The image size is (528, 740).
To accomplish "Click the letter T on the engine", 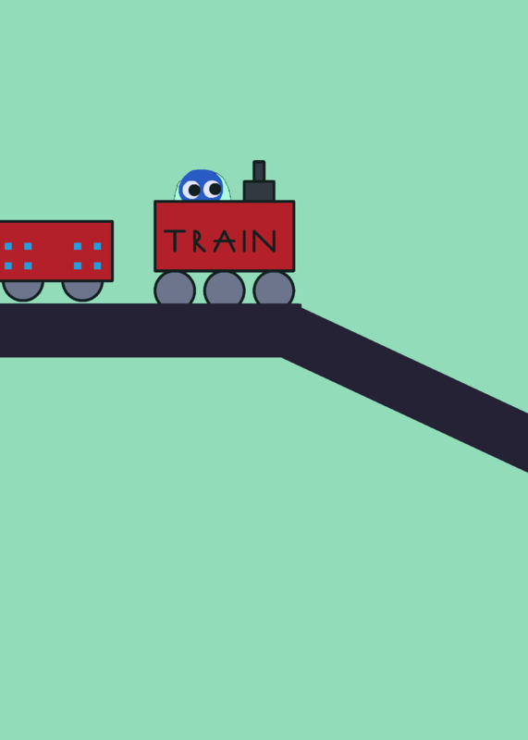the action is point(175,240).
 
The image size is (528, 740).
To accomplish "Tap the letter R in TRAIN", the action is point(199,240).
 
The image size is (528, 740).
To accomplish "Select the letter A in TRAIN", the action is point(224,241).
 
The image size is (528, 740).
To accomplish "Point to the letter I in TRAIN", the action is point(244,240).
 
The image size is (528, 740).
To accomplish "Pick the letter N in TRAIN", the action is point(264,240).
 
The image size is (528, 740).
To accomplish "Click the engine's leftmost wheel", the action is point(175,288).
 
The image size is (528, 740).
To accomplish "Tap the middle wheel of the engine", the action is point(224,288).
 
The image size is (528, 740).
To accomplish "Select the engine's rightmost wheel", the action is point(274,288).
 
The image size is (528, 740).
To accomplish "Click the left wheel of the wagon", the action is point(22,290).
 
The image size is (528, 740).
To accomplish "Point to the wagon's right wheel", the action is point(82,290).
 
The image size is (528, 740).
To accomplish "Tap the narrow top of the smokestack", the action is point(259,171).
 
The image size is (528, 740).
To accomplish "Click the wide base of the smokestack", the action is point(259,191).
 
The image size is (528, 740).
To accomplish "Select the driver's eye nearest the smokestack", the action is point(213,190).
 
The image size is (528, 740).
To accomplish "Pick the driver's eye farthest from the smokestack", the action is point(191,191).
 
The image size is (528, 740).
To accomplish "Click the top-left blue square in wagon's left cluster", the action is point(8,246).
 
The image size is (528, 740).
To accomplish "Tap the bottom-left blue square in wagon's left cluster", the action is point(8,265).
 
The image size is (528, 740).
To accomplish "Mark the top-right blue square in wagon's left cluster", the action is point(28,246).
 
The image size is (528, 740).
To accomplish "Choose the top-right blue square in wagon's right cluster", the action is point(97,246).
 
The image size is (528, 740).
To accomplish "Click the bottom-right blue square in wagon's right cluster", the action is point(97,265).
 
